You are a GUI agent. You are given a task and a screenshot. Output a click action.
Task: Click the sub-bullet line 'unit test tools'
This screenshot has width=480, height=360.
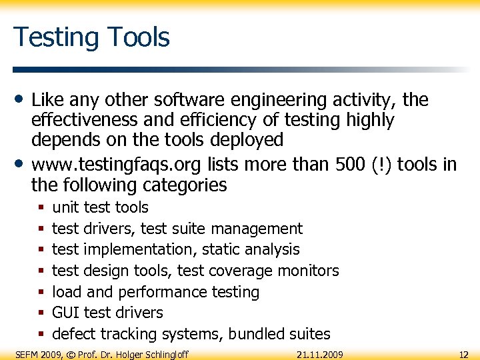click(x=100, y=207)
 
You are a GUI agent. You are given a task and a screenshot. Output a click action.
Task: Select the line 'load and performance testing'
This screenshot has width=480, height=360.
click(x=155, y=292)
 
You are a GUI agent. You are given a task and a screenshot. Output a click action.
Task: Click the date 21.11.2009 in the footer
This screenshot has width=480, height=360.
click(x=320, y=354)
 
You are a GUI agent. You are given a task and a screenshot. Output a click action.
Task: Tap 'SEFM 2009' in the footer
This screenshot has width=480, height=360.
click(x=37, y=354)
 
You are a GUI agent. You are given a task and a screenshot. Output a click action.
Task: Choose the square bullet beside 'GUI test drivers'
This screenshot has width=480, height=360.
click(x=41, y=313)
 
